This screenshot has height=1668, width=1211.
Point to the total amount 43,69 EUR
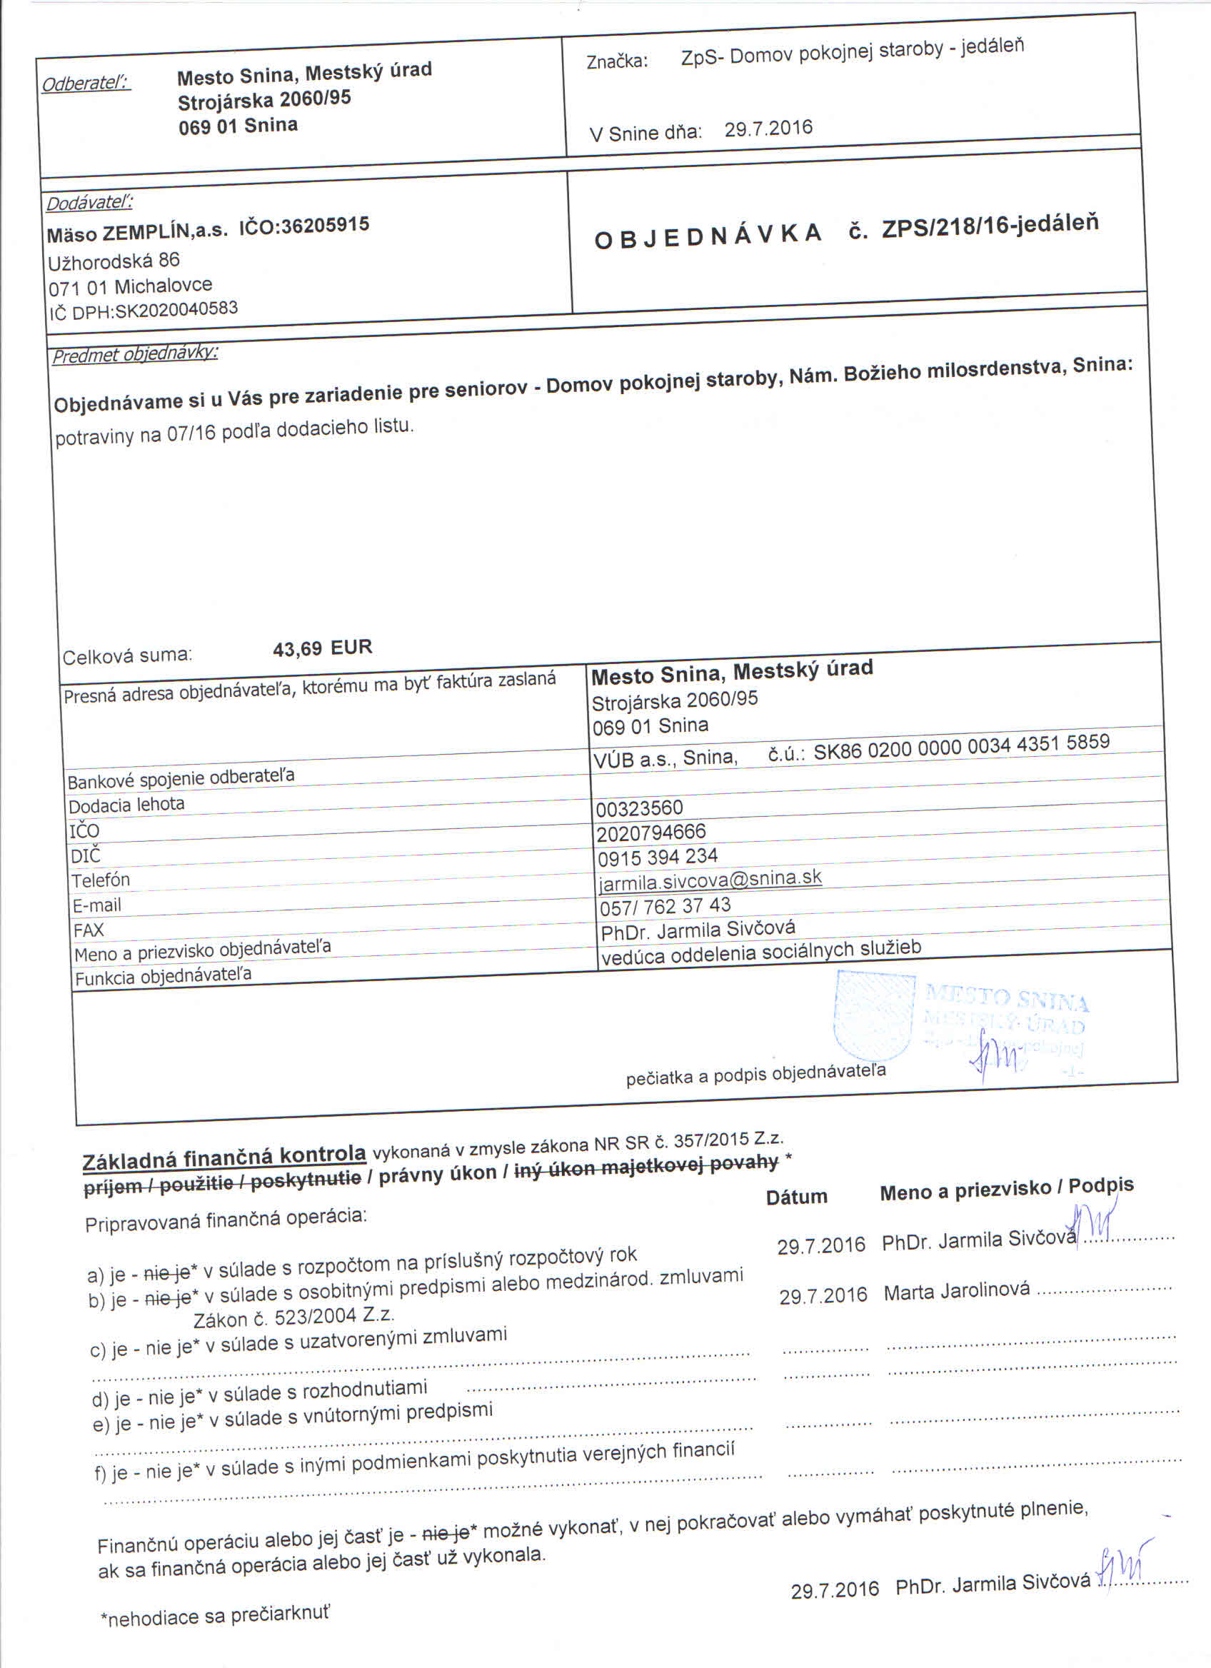point(322,648)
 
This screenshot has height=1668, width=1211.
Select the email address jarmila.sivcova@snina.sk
point(710,879)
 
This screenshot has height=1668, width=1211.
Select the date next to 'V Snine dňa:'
point(768,129)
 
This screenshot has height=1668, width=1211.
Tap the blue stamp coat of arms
point(874,1014)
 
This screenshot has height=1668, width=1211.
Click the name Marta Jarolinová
point(956,1292)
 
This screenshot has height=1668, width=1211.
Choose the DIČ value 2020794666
point(650,833)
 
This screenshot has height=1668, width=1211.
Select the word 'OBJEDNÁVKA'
point(708,237)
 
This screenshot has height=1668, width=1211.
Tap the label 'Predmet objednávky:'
point(135,355)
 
